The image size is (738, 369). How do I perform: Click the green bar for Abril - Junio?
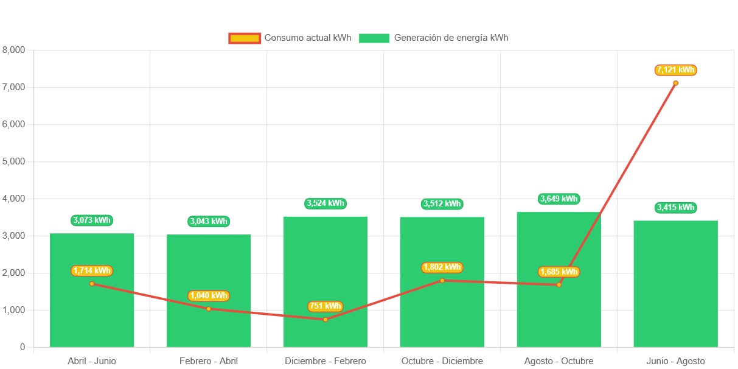tap(92, 317)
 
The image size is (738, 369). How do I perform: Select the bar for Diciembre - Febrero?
tap(325, 268)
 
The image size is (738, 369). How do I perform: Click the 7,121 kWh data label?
tap(675, 70)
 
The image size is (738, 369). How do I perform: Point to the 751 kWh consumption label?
tap(325, 306)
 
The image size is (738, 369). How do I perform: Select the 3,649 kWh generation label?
tap(559, 199)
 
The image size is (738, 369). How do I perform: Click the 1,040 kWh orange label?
tap(209, 296)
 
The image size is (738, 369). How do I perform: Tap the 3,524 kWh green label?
tap(325, 203)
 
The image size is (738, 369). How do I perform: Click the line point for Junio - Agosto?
tap(675, 83)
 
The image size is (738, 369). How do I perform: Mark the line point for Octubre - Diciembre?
tap(442, 280)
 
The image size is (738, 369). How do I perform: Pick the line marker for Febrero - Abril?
tap(209, 309)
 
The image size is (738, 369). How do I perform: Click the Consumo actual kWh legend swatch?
tap(245, 38)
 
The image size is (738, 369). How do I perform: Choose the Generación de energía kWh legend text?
tap(451, 38)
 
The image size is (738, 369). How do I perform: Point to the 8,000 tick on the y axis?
tap(14, 50)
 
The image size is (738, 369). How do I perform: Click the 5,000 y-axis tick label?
tap(14, 161)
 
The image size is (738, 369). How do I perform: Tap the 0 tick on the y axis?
tap(23, 347)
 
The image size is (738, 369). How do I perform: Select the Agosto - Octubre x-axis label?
tap(559, 361)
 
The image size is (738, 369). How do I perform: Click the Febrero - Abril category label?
tap(209, 361)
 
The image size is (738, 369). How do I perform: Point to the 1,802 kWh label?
tap(442, 267)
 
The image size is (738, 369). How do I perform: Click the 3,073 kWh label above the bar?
tap(92, 220)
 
